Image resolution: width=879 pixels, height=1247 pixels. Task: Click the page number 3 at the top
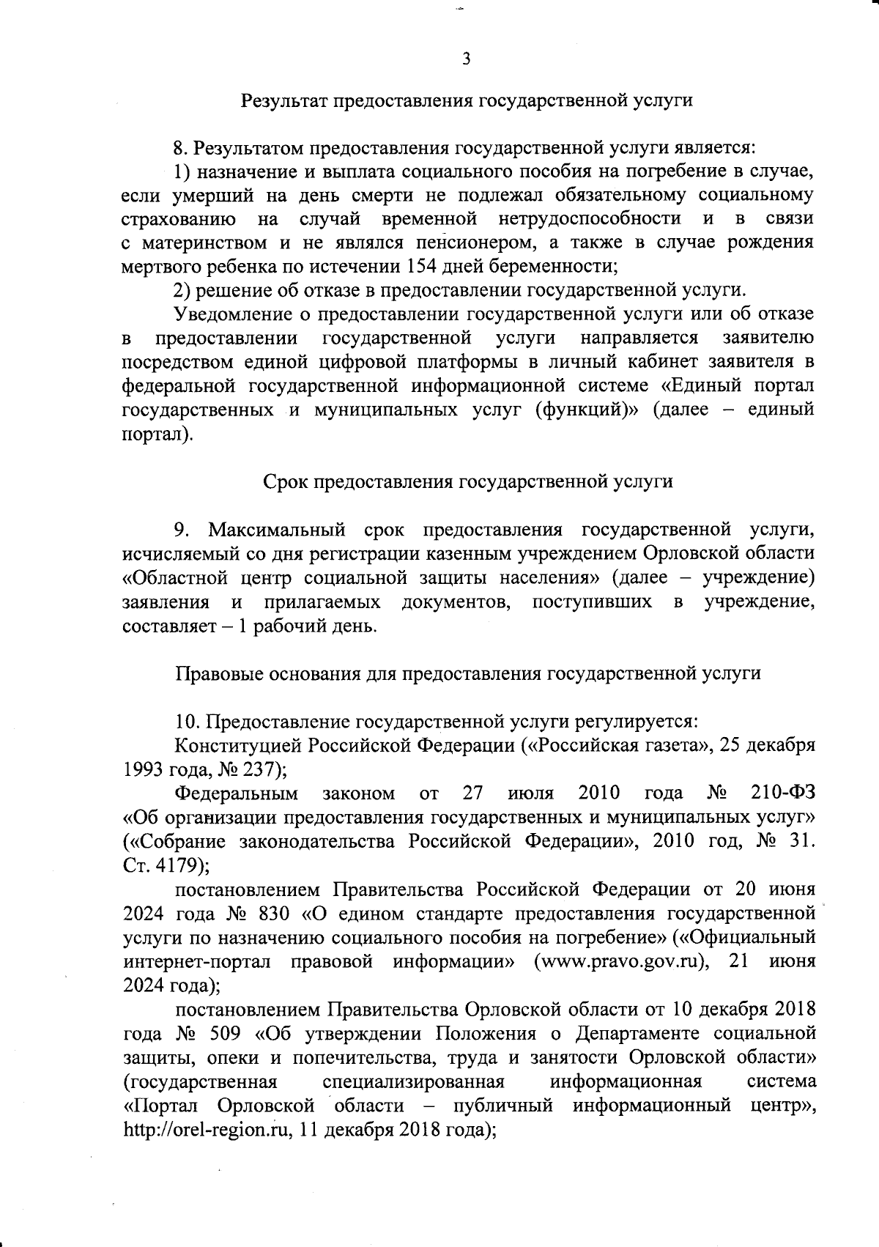pyautogui.click(x=466, y=59)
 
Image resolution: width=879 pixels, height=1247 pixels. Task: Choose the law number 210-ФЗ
pyautogui.click(x=783, y=793)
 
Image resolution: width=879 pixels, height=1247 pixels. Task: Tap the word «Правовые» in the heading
pyautogui.click(x=213, y=673)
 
